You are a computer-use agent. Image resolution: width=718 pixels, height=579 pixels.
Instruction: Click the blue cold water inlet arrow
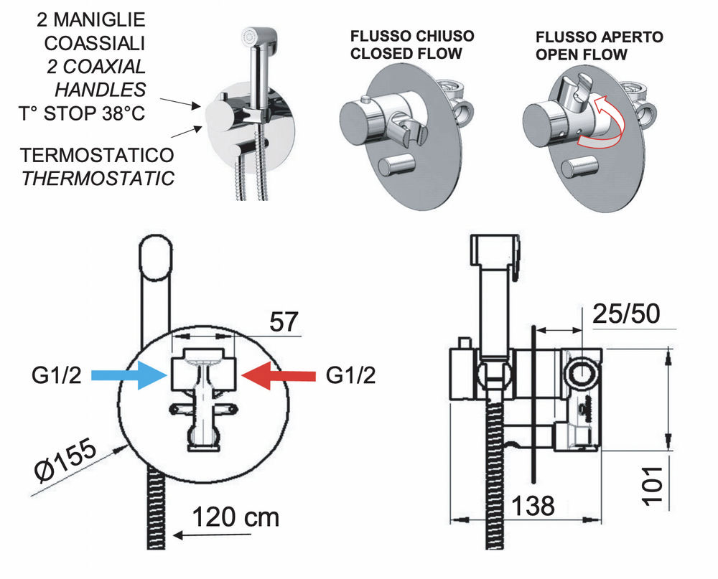coord(134,375)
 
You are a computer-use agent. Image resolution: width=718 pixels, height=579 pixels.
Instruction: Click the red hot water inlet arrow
coord(278,375)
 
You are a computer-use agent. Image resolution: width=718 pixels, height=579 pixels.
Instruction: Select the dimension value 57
coord(284,321)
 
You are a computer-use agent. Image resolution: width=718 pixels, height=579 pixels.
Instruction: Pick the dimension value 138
coord(533,505)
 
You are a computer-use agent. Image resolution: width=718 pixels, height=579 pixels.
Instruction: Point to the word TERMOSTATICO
coord(98,156)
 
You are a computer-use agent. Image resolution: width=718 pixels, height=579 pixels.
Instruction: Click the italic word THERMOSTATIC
coord(98,178)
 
